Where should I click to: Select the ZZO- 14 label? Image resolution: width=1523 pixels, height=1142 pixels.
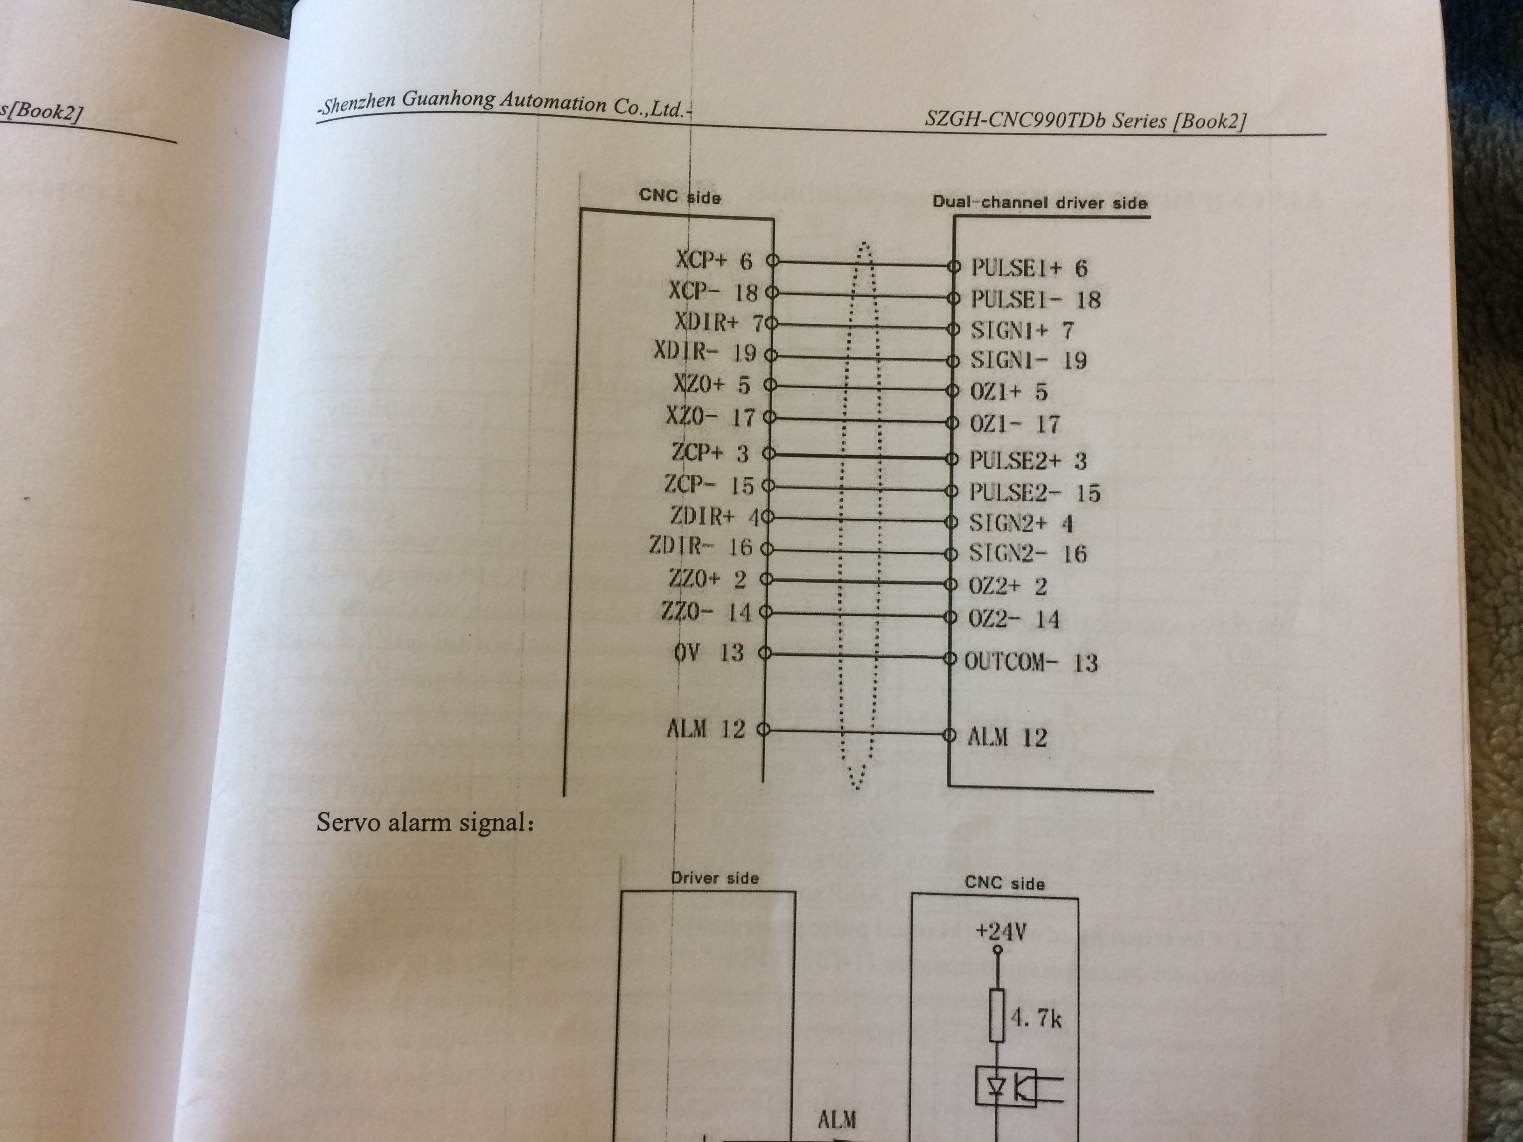point(706,611)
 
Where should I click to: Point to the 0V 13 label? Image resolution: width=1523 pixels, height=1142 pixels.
point(708,652)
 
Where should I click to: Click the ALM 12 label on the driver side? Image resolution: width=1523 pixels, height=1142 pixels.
point(1006,737)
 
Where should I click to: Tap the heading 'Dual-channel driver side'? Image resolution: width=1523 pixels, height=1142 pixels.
point(1040,202)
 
